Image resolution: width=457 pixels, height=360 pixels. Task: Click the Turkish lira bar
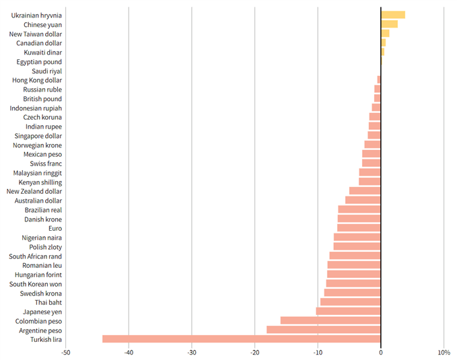coord(241,339)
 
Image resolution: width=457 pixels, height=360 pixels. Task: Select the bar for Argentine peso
coord(323,330)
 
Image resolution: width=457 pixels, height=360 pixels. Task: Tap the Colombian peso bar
coord(330,320)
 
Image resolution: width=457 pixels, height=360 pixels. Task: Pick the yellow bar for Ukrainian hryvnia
coord(393,15)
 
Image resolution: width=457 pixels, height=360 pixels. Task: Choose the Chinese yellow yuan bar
coord(389,24)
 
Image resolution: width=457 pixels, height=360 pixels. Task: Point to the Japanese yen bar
coord(348,311)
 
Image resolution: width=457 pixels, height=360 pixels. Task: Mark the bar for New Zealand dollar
coord(365,191)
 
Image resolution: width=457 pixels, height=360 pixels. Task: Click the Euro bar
coord(359,228)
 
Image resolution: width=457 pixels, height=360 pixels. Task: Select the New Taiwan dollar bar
coord(385,34)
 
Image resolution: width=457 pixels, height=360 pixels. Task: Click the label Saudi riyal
coord(46,71)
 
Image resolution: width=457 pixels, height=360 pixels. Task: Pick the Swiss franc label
coord(46,164)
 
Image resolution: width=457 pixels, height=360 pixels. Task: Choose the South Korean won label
coord(36,284)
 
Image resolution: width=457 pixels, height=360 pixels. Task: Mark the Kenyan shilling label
coord(40,182)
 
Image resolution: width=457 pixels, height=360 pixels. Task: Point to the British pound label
coord(42,99)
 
